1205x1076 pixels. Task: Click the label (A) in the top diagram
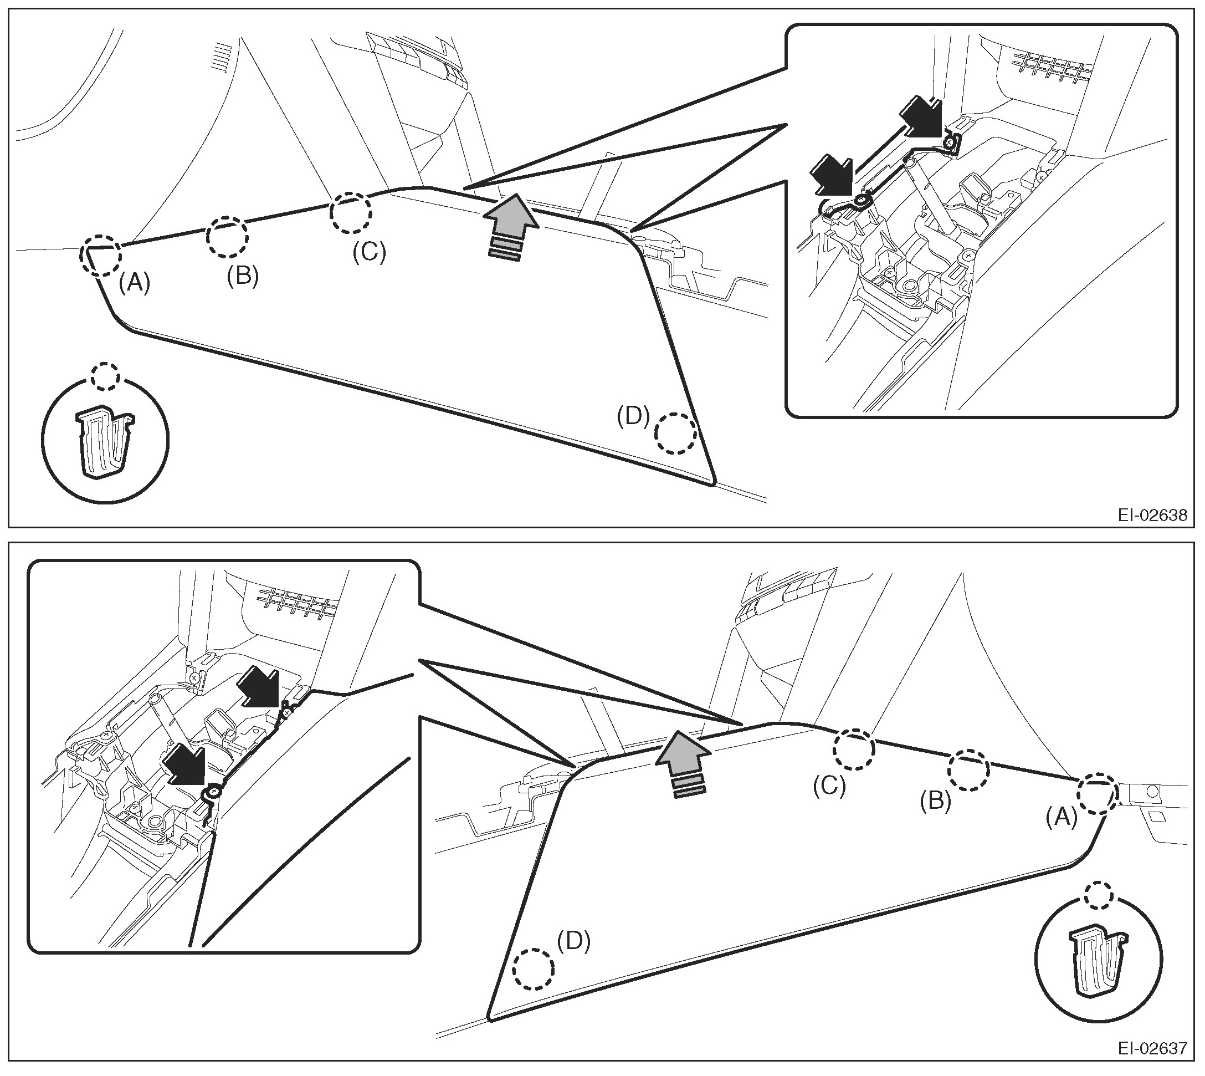click(x=134, y=284)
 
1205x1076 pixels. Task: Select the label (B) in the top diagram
click(x=243, y=276)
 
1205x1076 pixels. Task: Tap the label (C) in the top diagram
click(x=369, y=252)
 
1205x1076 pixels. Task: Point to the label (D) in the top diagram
click(x=633, y=417)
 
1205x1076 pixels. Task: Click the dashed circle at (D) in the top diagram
click(x=676, y=434)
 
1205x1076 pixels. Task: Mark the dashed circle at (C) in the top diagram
click(x=351, y=212)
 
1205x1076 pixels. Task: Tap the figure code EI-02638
click(x=1152, y=516)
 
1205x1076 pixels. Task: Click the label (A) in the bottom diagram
click(x=1062, y=818)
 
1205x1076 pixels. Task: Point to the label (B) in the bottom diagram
click(x=936, y=800)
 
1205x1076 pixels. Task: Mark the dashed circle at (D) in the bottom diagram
click(x=534, y=969)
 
